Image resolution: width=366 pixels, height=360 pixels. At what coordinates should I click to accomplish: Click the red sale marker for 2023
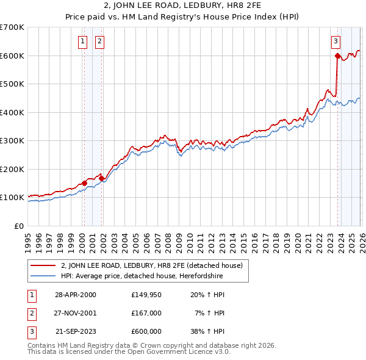pyautogui.click(x=337, y=56)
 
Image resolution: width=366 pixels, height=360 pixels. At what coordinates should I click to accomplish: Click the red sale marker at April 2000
pyautogui.click(x=84, y=183)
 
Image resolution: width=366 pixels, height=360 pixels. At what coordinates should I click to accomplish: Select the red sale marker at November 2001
pyautogui.click(x=102, y=178)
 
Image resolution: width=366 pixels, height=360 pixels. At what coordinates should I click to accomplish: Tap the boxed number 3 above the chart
pyautogui.click(x=335, y=41)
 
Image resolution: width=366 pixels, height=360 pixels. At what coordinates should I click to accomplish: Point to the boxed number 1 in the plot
pyautogui.click(x=82, y=41)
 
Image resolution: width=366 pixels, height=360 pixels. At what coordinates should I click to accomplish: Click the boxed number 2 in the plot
pyautogui.click(x=99, y=41)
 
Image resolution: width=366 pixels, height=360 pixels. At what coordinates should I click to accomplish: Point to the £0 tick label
pyautogui.click(x=19, y=226)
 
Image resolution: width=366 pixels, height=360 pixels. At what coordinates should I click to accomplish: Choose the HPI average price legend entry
pyautogui.click(x=142, y=276)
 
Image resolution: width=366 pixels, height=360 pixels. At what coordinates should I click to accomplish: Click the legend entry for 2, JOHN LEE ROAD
pyautogui.click(x=152, y=265)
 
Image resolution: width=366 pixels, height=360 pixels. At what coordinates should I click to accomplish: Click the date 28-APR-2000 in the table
pyautogui.click(x=76, y=295)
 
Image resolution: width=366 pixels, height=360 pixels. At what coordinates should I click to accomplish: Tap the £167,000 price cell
pyautogui.click(x=146, y=313)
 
